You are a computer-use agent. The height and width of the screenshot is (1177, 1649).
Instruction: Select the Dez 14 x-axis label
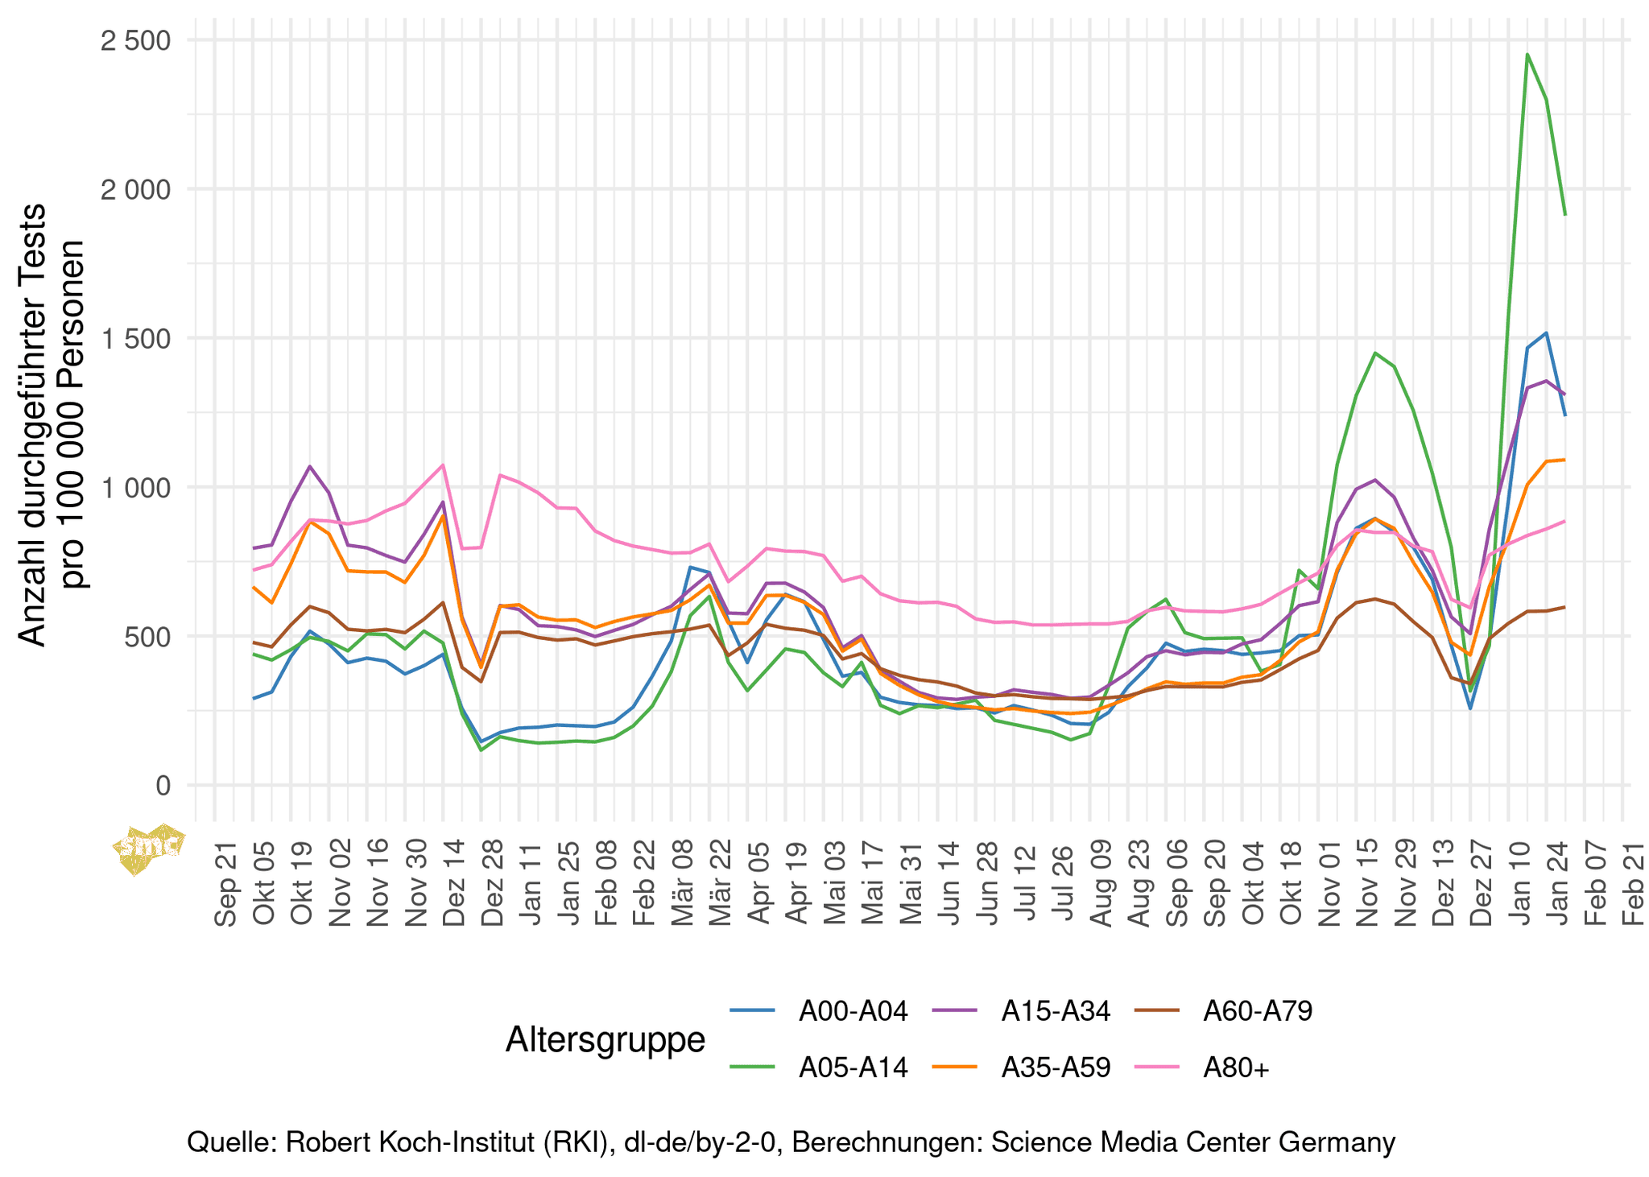(x=454, y=882)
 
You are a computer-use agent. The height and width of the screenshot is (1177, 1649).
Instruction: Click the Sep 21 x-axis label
(x=226, y=882)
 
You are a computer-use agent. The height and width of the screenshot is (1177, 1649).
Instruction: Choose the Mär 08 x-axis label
(x=683, y=882)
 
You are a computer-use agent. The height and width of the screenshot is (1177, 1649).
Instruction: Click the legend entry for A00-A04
(x=853, y=1011)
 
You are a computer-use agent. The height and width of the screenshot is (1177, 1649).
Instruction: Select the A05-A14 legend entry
(x=853, y=1068)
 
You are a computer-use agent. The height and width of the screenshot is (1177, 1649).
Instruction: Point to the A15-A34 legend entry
(x=1056, y=1011)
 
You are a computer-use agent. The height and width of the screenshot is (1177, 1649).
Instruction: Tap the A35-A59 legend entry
(x=1056, y=1068)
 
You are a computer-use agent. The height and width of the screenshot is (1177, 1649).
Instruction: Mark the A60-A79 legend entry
(x=1258, y=1011)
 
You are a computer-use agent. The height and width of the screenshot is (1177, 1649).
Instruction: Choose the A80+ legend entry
(x=1236, y=1068)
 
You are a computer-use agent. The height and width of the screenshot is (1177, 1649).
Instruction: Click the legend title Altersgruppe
(x=605, y=1039)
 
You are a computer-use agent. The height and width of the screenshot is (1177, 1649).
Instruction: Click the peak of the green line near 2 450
(x=1527, y=55)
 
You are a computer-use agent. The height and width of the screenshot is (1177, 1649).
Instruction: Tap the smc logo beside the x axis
(x=150, y=849)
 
